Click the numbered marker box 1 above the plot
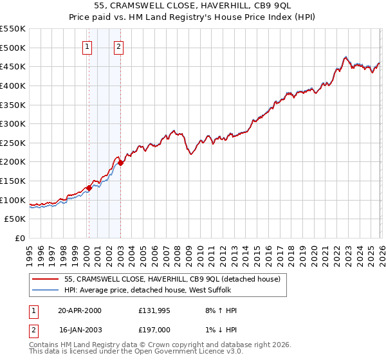point(87,46)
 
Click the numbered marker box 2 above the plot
point(120,46)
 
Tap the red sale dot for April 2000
point(89,188)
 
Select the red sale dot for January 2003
point(120,163)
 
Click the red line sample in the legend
point(45,280)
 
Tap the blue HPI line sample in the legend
point(45,291)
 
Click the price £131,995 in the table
point(153,310)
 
